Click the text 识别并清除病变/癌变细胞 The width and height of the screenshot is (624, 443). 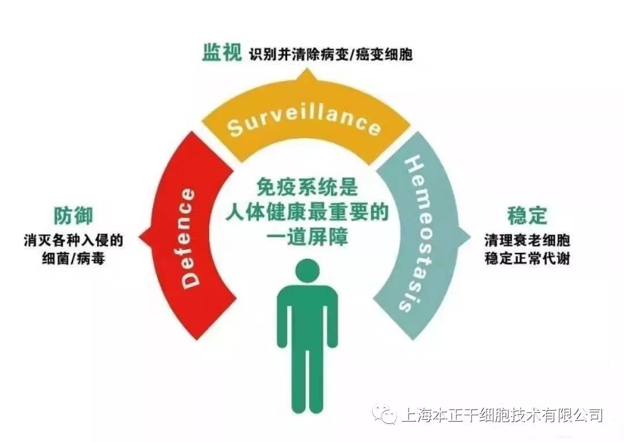[x=331, y=56]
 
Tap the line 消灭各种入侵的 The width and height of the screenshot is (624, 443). [x=73, y=239]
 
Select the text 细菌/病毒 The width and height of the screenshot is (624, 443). [x=73, y=258]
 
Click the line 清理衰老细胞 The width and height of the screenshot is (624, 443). [x=527, y=239]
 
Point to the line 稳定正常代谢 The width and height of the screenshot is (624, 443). [x=527, y=258]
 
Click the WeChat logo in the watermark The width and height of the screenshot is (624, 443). [x=385, y=414]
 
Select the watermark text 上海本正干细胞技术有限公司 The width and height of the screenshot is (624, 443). [x=502, y=415]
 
